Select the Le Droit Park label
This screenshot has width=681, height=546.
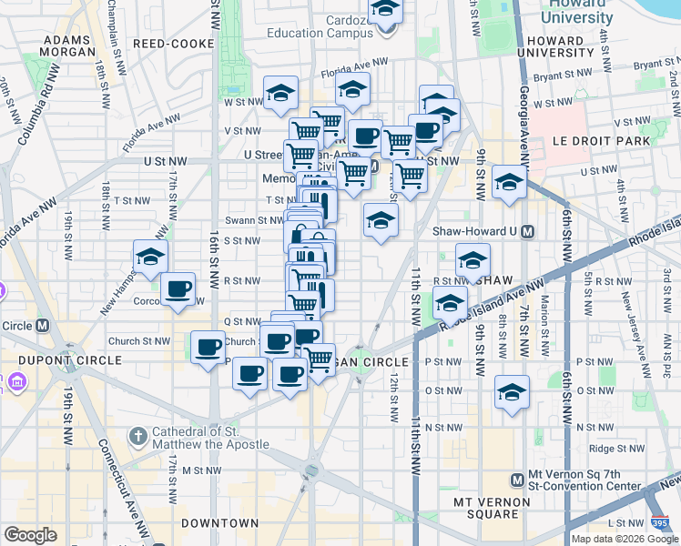(x=602, y=141)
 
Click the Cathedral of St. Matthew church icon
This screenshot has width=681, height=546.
(x=137, y=437)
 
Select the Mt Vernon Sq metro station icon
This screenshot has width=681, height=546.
(x=516, y=480)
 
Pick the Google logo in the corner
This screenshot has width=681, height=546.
(x=30, y=535)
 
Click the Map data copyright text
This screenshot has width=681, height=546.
(x=625, y=539)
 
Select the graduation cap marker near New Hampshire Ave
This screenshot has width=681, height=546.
(x=150, y=258)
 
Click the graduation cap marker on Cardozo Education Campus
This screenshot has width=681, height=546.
(x=385, y=10)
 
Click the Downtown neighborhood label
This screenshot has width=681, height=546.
(x=219, y=523)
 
